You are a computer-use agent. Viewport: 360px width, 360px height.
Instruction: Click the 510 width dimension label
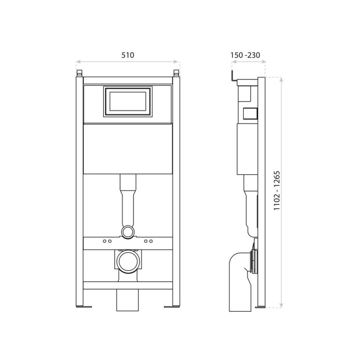[128, 55]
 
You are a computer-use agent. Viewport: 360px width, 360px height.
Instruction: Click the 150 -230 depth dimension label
[245, 55]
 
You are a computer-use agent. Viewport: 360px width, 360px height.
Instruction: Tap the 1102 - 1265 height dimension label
[277, 190]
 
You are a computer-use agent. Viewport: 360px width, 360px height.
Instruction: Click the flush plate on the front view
[128, 102]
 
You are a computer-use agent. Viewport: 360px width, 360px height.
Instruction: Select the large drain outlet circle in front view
[128, 261]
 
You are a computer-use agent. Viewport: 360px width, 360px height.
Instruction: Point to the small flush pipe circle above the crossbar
[128, 232]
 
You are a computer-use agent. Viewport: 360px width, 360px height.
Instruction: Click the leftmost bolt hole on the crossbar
[104, 241]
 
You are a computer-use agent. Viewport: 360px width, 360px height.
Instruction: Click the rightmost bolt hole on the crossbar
[151, 241]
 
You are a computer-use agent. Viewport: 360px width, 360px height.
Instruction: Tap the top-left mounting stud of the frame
[79, 73]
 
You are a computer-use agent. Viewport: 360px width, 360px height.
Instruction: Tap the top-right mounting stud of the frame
[176, 73]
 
